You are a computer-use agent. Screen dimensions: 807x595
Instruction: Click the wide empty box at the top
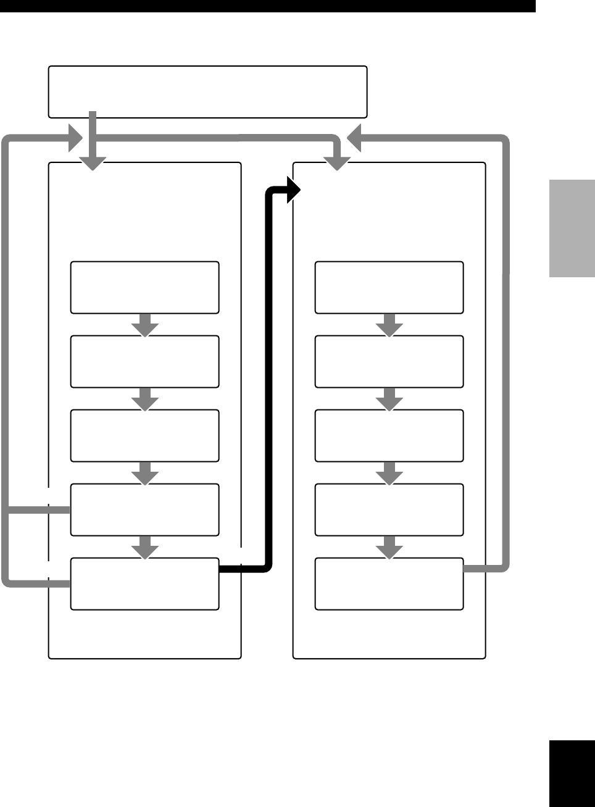pyautogui.click(x=207, y=91)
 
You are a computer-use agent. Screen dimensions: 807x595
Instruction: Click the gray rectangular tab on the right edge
pyautogui.click(x=572, y=228)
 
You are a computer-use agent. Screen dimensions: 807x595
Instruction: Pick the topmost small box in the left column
pyautogui.click(x=144, y=288)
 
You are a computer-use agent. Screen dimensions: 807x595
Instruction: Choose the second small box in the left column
pyautogui.click(x=144, y=362)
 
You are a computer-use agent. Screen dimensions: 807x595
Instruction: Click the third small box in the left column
pyautogui.click(x=144, y=436)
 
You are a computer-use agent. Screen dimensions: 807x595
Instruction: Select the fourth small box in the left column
pyautogui.click(x=144, y=510)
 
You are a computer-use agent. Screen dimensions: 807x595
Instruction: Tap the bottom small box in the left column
pyautogui.click(x=144, y=584)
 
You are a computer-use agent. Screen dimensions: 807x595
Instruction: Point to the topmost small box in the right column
pyautogui.click(x=389, y=288)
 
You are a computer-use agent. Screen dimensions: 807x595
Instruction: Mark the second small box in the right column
pyautogui.click(x=389, y=362)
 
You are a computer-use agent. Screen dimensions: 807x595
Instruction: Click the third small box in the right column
pyautogui.click(x=389, y=436)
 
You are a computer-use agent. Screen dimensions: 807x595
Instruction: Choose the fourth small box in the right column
pyautogui.click(x=389, y=510)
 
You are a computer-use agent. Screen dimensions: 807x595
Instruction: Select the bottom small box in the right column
pyautogui.click(x=389, y=584)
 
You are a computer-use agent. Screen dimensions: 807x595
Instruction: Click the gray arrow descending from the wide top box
pyautogui.click(x=93, y=148)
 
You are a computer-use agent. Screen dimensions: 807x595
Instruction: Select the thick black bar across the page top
pyautogui.click(x=267, y=6)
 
